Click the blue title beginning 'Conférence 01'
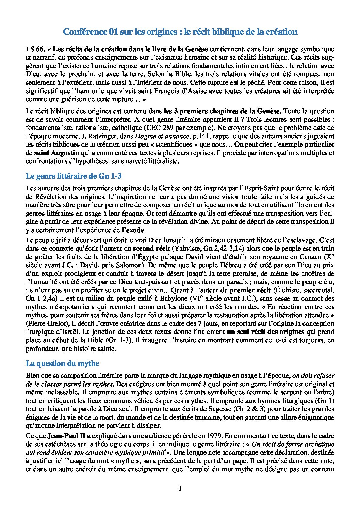click(180, 32)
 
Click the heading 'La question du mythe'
click(62, 363)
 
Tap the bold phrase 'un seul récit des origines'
click(266, 332)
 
